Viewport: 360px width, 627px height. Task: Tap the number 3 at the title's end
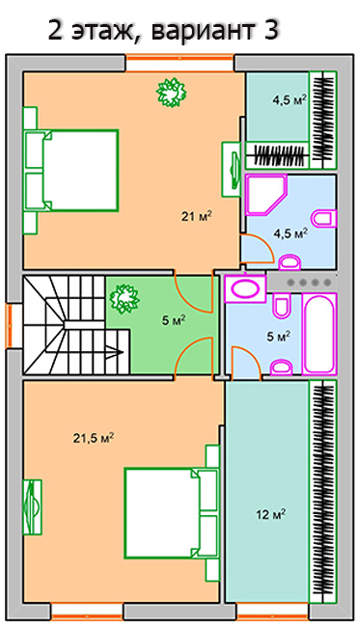pyautogui.click(x=271, y=29)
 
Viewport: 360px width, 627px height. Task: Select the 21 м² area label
pyautogui.click(x=196, y=217)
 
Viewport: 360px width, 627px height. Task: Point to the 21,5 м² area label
pyautogui.click(x=94, y=438)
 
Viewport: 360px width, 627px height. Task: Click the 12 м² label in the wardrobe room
pyautogui.click(x=271, y=514)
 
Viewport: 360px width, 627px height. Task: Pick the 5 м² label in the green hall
pyautogui.click(x=174, y=320)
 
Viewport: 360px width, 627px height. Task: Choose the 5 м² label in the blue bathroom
pyautogui.click(x=278, y=337)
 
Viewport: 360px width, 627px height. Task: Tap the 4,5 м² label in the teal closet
pyautogui.click(x=290, y=99)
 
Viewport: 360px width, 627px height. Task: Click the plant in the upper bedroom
pyautogui.click(x=171, y=93)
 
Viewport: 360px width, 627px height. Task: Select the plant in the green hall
pyautogui.click(x=125, y=298)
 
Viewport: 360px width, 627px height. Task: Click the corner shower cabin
pyautogui.click(x=266, y=195)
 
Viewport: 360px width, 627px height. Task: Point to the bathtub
pyautogui.click(x=319, y=334)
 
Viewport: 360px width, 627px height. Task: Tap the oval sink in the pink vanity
pyautogui.click(x=245, y=288)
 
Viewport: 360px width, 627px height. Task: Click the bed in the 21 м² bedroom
pyautogui.click(x=71, y=171)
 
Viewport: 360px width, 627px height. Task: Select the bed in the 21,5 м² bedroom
pyautogui.click(x=171, y=513)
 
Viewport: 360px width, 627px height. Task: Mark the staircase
pyautogui.click(x=76, y=325)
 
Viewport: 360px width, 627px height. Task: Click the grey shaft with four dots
pyautogui.click(x=301, y=283)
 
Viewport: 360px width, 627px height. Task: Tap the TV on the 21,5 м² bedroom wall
pyautogui.click(x=32, y=507)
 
